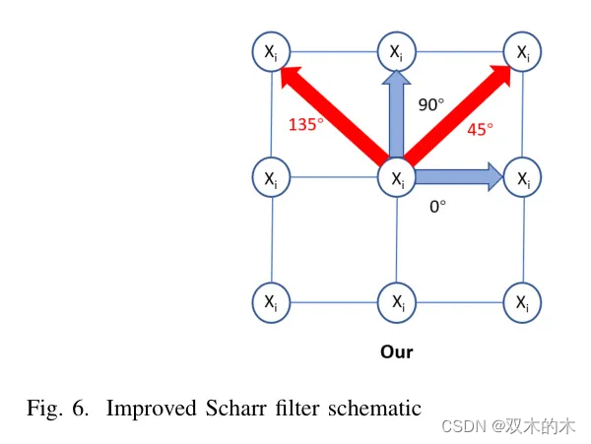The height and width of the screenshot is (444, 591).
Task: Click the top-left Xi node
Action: pyautogui.click(x=271, y=52)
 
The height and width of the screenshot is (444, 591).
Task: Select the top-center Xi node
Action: pyautogui.click(x=396, y=52)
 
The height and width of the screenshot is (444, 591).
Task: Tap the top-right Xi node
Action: pyautogui.click(x=521, y=52)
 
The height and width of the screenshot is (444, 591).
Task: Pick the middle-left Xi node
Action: pyautogui.click(x=271, y=178)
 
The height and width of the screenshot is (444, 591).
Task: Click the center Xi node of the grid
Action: pyautogui.click(x=396, y=178)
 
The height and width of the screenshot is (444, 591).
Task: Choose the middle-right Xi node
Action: pyautogui.click(x=521, y=178)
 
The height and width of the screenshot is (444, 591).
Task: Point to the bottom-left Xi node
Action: pyautogui.click(x=271, y=302)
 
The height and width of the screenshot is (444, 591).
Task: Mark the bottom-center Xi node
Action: pyautogui.click(x=396, y=302)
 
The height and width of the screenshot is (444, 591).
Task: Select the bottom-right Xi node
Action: pyautogui.click(x=521, y=302)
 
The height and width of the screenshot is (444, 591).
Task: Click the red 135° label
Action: pyautogui.click(x=305, y=125)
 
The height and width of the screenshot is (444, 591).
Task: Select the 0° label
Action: pyautogui.click(x=437, y=207)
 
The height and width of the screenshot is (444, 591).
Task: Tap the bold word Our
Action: pyautogui.click(x=397, y=351)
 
